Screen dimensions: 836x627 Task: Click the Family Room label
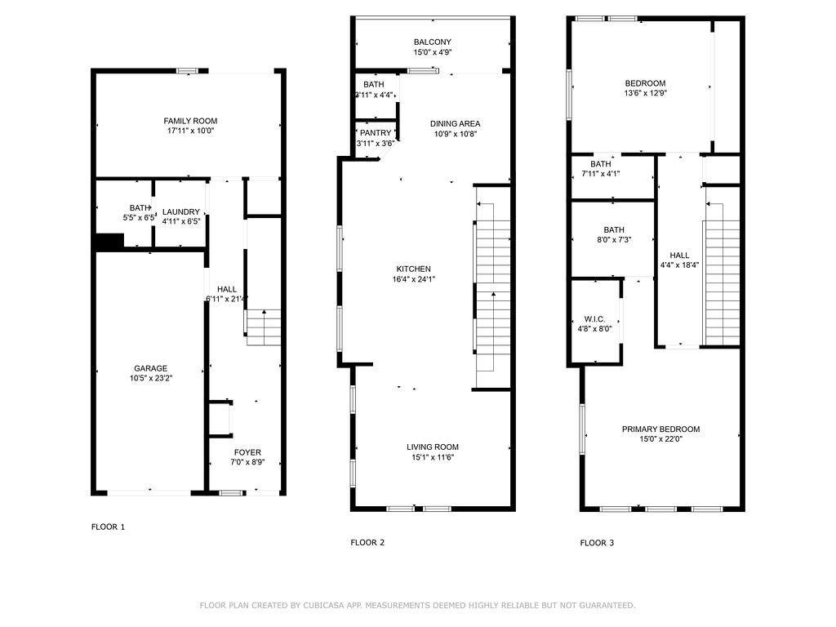coord(190,121)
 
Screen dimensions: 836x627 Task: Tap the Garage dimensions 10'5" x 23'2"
coord(151,379)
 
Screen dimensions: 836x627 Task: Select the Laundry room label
coord(181,211)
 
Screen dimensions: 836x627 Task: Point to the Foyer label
coord(247,452)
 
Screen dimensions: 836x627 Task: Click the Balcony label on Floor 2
coord(433,42)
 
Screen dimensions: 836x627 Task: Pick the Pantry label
coord(376,133)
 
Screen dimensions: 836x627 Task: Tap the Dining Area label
coord(456,124)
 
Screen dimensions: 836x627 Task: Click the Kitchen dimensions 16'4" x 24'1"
coord(414,279)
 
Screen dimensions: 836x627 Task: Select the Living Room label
coord(433,447)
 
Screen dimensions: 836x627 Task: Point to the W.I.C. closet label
coord(594,319)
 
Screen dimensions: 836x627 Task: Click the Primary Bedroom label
coord(661,429)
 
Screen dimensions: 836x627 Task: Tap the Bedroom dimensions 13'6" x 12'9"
coord(646,93)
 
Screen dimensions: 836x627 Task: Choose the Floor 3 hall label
coord(680,256)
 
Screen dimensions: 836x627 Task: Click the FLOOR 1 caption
coord(109,527)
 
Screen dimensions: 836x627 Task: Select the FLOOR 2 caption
coord(367,543)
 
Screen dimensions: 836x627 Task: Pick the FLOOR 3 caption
coord(597,543)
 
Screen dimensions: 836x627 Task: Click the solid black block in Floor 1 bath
coord(109,242)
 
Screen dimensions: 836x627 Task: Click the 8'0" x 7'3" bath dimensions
coord(614,240)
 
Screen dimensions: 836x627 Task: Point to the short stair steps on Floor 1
coord(264,327)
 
